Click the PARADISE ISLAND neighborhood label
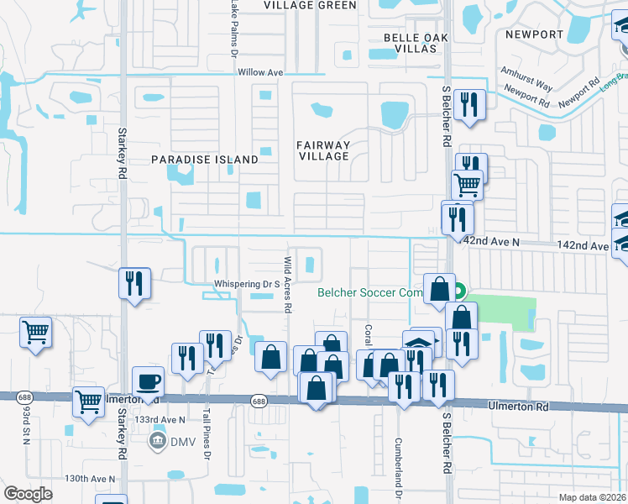[205, 160]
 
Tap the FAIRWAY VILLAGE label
[323, 150]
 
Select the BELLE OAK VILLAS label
[411, 43]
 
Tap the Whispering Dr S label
[246, 285]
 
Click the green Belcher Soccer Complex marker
[458, 293]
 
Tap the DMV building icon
[157, 441]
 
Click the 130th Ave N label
[90, 479]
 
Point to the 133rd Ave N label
[160, 419]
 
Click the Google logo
[29, 494]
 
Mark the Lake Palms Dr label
[233, 29]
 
